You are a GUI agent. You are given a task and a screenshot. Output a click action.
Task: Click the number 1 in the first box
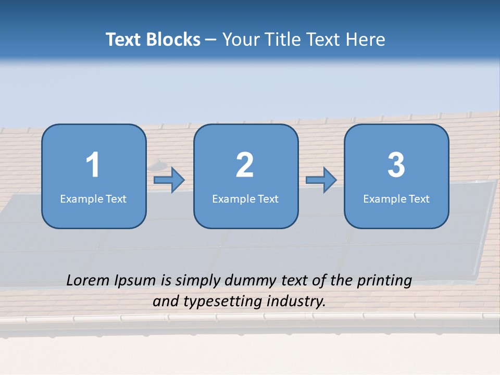click(x=93, y=165)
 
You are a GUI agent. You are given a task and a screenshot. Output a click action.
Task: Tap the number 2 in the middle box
click(x=245, y=165)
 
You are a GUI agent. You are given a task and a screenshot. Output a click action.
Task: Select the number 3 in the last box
click(x=396, y=165)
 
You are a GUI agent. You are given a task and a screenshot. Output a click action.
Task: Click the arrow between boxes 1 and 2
click(x=169, y=180)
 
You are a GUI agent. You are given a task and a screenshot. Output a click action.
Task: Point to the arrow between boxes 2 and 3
click(x=321, y=180)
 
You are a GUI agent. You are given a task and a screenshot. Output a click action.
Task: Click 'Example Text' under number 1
click(x=93, y=198)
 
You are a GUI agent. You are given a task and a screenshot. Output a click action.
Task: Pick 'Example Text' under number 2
click(x=245, y=198)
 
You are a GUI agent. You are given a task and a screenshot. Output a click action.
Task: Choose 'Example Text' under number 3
click(x=396, y=198)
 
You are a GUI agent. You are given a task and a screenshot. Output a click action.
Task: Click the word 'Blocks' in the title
click(x=173, y=40)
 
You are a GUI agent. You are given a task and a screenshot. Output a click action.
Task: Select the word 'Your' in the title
click(x=240, y=40)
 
